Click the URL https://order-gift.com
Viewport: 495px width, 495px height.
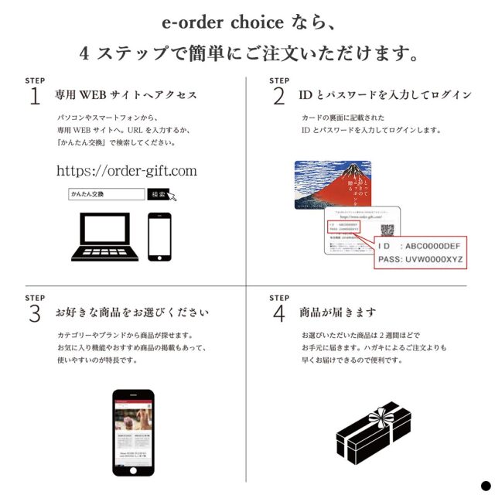pos(127,170)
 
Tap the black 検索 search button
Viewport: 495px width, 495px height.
pos(159,194)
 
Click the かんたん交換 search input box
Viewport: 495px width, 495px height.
pos(106,194)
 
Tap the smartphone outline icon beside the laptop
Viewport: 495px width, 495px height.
pos(159,237)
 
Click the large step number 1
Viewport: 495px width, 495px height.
pos(35,96)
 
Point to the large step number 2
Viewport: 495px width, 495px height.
pos(278,96)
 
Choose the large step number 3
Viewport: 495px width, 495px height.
pos(35,313)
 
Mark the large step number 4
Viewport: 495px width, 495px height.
pos(278,313)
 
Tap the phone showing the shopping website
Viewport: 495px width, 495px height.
pos(133,432)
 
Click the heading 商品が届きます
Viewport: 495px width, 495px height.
pos(338,313)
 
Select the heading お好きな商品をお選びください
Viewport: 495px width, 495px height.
pos(131,313)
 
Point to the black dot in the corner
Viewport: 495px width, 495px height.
pos(485,485)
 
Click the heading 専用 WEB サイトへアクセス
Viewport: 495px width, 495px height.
pos(125,96)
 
